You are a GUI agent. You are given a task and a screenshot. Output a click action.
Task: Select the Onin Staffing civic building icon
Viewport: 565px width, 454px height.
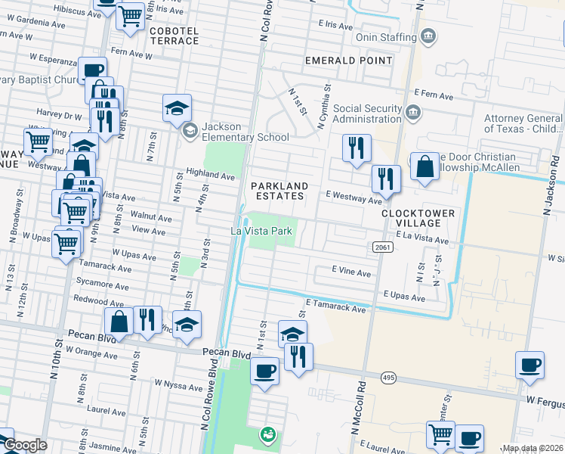428,35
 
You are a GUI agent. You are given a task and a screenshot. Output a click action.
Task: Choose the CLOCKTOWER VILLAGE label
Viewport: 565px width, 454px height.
418,218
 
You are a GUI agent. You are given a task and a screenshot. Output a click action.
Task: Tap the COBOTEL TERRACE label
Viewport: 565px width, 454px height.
174,36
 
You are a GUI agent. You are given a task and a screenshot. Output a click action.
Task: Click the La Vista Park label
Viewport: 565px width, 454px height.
261,231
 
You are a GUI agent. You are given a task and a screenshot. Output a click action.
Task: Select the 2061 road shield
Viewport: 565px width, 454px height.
381,247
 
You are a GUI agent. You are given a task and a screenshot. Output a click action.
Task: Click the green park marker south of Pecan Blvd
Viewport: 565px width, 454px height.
267,434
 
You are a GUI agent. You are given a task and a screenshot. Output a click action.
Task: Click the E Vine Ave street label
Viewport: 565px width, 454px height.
351,272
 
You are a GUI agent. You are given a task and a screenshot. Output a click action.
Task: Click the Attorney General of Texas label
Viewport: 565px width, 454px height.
523,124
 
